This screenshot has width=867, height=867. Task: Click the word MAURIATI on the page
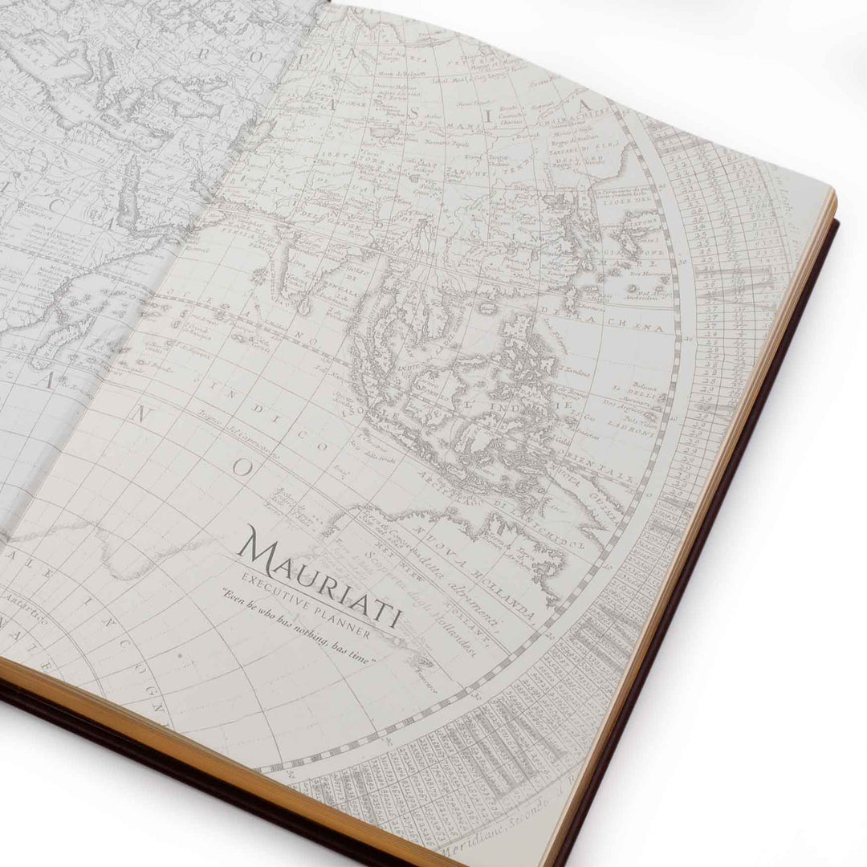[x=321, y=577]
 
